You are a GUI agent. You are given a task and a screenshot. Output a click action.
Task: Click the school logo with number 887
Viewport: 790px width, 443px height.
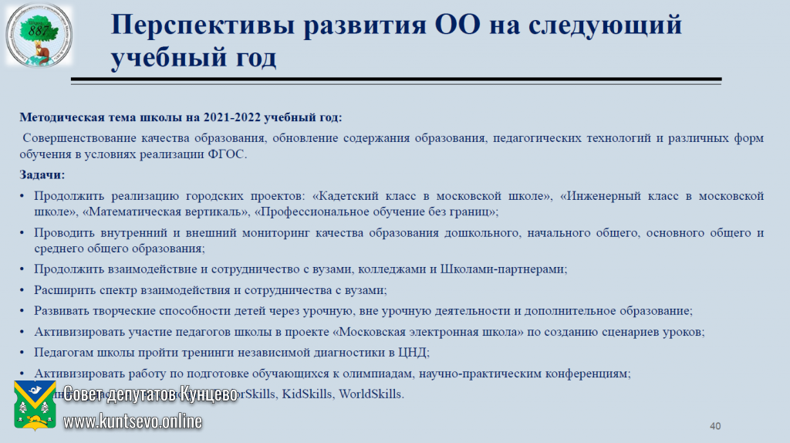38,36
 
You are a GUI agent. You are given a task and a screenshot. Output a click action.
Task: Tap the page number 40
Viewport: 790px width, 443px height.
714,426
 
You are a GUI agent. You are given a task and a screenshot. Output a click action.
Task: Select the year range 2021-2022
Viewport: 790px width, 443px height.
232,118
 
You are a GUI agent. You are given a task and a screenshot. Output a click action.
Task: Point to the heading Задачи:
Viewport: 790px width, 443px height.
42,175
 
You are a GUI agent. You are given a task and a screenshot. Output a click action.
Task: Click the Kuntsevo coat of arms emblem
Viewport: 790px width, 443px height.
34,406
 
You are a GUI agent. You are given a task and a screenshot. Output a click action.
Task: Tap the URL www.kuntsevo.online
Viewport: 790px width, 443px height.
133,421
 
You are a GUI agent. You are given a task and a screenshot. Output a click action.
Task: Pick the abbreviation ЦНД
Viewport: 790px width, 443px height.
412,353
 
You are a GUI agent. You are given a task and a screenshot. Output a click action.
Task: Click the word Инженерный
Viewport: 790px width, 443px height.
600,196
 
